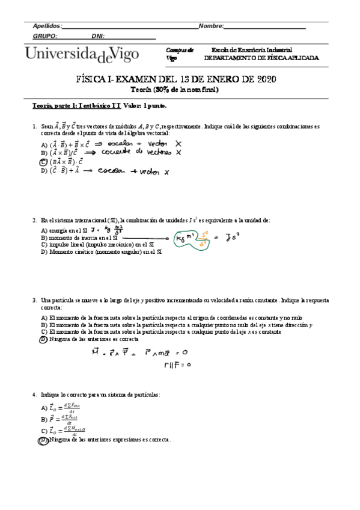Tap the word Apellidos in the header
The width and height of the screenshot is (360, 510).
[47, 26]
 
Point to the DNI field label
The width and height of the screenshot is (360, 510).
[98, 36]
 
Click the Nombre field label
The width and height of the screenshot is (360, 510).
[211, 26]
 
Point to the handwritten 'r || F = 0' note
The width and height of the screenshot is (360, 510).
[177, 364]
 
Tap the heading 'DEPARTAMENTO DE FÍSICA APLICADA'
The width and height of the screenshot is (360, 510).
[261, 58]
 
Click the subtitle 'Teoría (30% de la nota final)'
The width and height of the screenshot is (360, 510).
[175, 90]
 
